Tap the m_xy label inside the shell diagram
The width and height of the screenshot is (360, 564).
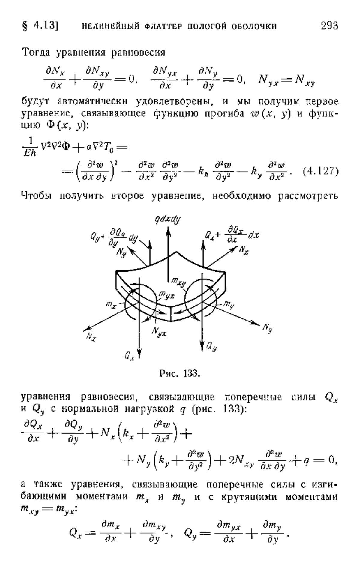click(178, 282)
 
